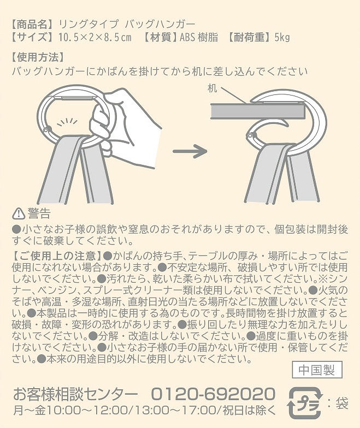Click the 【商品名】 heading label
(x=32, y=25)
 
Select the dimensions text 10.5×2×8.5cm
(x=95, y=37)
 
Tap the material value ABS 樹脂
(x=199, y=37)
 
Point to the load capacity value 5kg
(x=282, y=38)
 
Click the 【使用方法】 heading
(x=38, y=57)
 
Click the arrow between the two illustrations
(x=190, y=151)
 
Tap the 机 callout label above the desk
(x=212, y=88)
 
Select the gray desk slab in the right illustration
(x=257, y=111)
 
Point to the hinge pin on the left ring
(x=49, y=129)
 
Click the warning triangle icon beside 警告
(x=19, y=213)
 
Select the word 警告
(x=39, y=213)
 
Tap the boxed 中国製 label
(x=317, y=370)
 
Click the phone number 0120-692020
(x=213, y=394)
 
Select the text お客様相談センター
(x=75, y=394)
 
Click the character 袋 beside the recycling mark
(x=342, y=403)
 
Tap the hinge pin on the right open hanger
(x=250, y=135)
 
